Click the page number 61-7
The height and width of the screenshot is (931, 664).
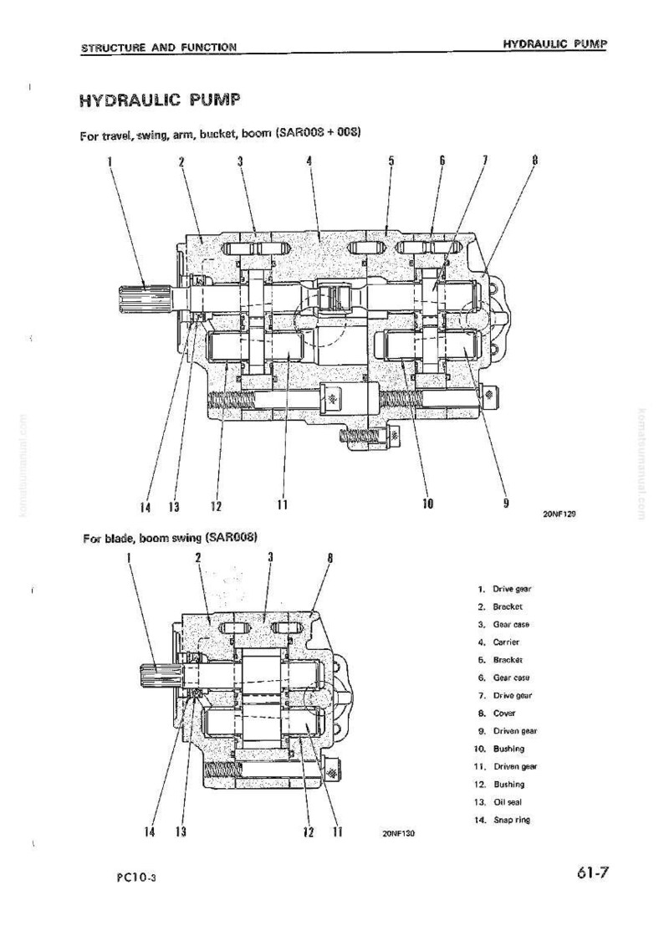coord(591,872)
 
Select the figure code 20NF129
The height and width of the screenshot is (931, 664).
coord(559,514)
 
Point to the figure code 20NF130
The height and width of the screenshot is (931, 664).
coord(399,833)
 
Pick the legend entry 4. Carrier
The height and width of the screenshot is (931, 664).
coord(498,642)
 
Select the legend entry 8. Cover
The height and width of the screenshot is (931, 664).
coord(497,713)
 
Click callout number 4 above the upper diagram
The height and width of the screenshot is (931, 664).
coord(309,161)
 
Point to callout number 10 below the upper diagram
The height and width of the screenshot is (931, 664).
coord(428,504)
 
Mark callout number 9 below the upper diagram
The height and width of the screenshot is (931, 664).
coord(506,503)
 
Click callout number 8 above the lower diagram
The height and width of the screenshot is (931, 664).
coord(330,558)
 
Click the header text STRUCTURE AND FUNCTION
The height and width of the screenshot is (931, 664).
coord(159,48)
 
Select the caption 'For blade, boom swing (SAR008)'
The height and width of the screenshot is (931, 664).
coord(171,539)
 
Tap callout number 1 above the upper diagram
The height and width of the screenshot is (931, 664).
coord(110,161)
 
